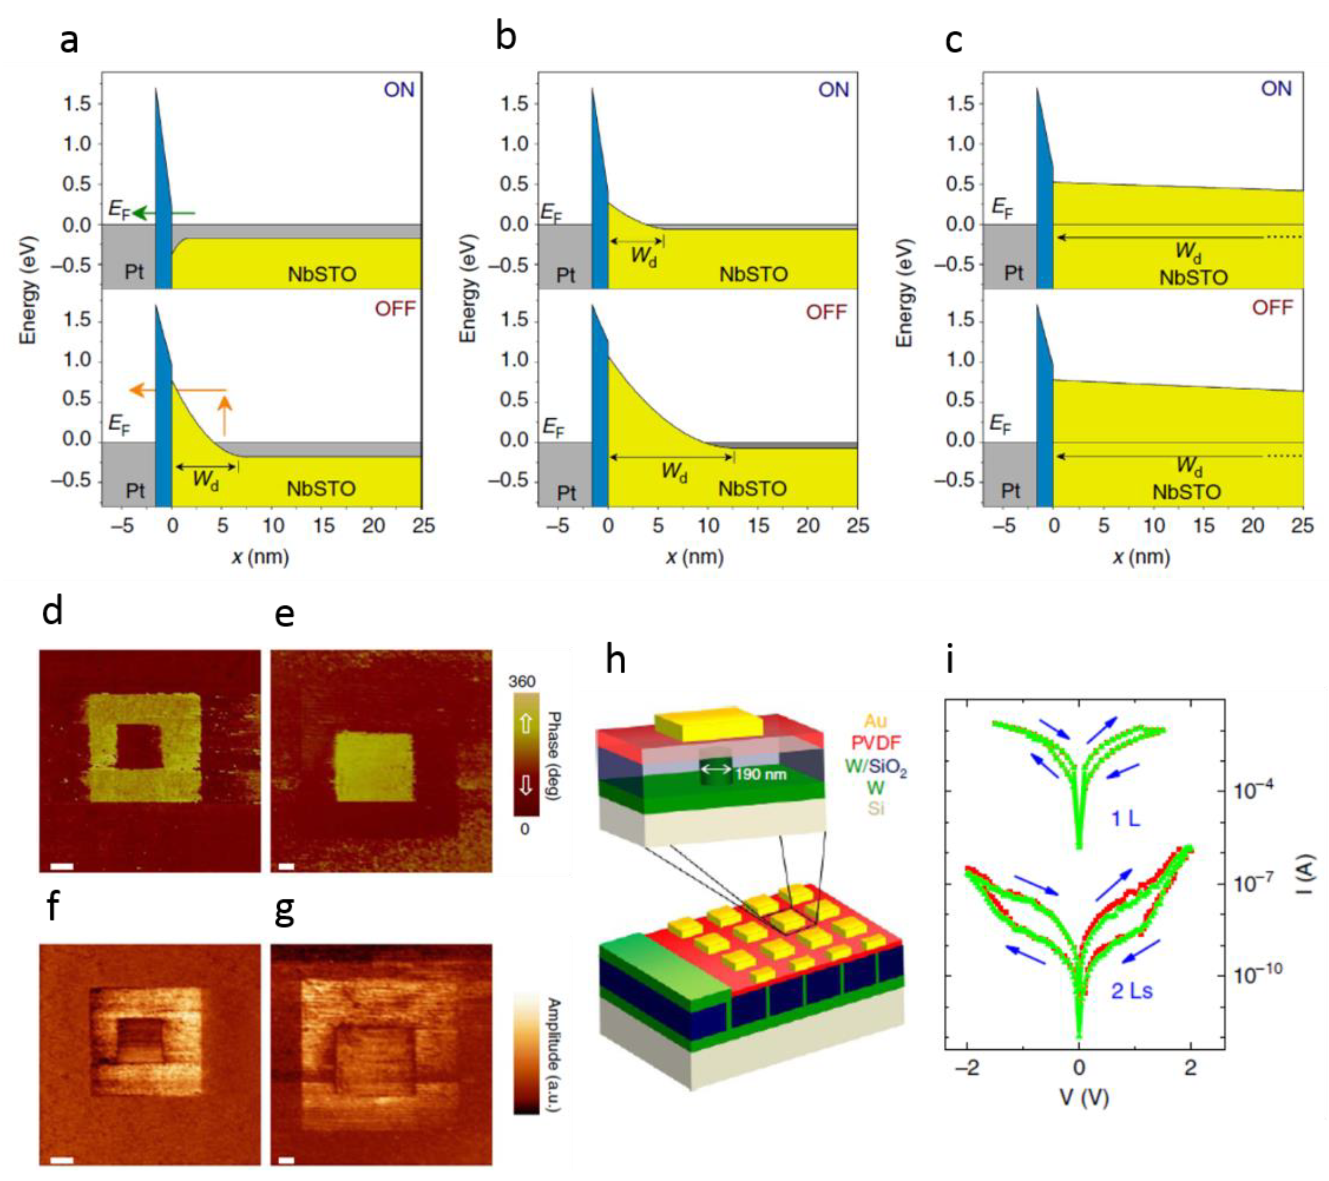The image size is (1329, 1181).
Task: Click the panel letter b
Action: (505, 37)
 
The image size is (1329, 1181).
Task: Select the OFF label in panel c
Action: (1272, 308)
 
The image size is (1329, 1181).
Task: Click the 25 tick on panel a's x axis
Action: (423, 526)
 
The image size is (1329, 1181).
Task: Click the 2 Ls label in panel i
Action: (1131, 990)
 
